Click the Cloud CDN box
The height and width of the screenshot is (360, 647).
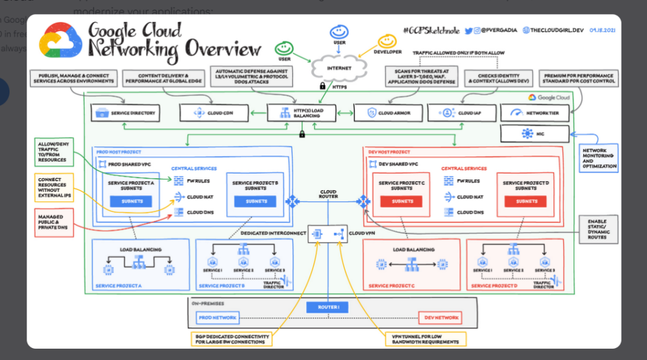tap(209, 113)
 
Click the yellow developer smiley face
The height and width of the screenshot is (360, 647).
tap(386, 42)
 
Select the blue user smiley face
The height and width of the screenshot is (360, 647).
tap(339, 31)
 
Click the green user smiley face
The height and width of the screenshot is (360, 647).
tap(283, 49)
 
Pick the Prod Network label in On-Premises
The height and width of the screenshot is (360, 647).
tap(217, 317)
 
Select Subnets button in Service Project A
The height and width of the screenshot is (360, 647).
tap(132, 201)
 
